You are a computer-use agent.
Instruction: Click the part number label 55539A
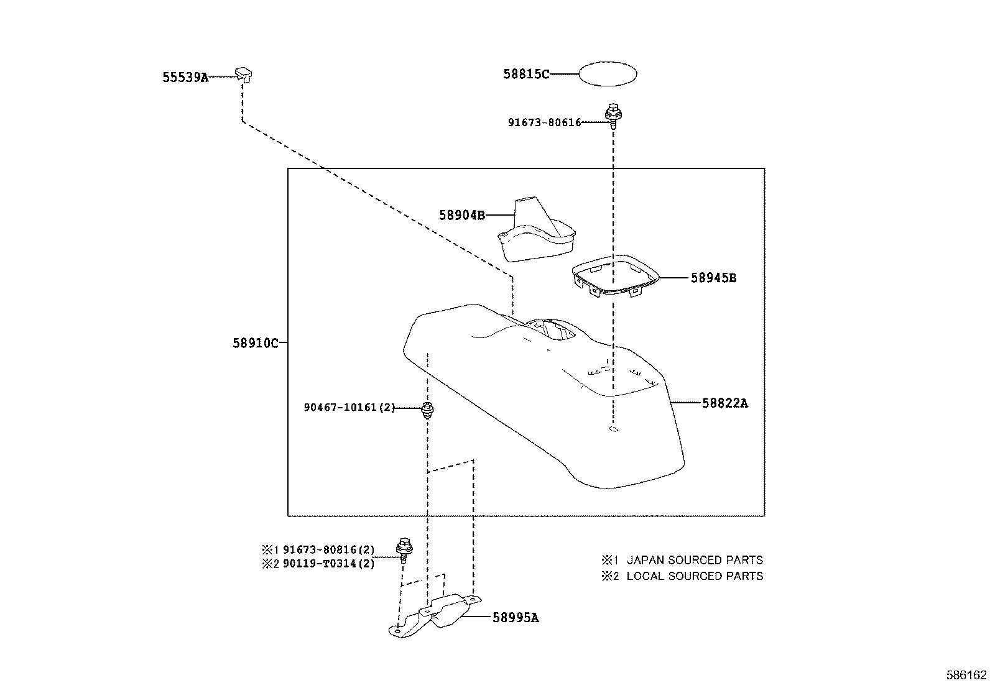185,78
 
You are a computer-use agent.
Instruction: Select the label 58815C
526,75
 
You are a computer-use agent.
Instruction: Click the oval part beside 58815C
608,75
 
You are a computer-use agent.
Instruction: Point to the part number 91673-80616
544,123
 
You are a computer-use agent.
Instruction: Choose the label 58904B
461,216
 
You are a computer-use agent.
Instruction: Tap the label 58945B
713,278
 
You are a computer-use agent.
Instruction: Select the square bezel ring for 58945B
614,277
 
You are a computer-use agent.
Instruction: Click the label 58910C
256,342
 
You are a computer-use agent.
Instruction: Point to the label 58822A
725,403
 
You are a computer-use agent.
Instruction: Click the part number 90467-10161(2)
349,408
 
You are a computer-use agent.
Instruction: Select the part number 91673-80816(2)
329,550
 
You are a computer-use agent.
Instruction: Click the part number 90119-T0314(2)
329,564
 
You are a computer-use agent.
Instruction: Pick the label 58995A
516,618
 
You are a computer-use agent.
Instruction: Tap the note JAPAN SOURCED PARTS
694,560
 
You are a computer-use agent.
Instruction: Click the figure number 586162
966,674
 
